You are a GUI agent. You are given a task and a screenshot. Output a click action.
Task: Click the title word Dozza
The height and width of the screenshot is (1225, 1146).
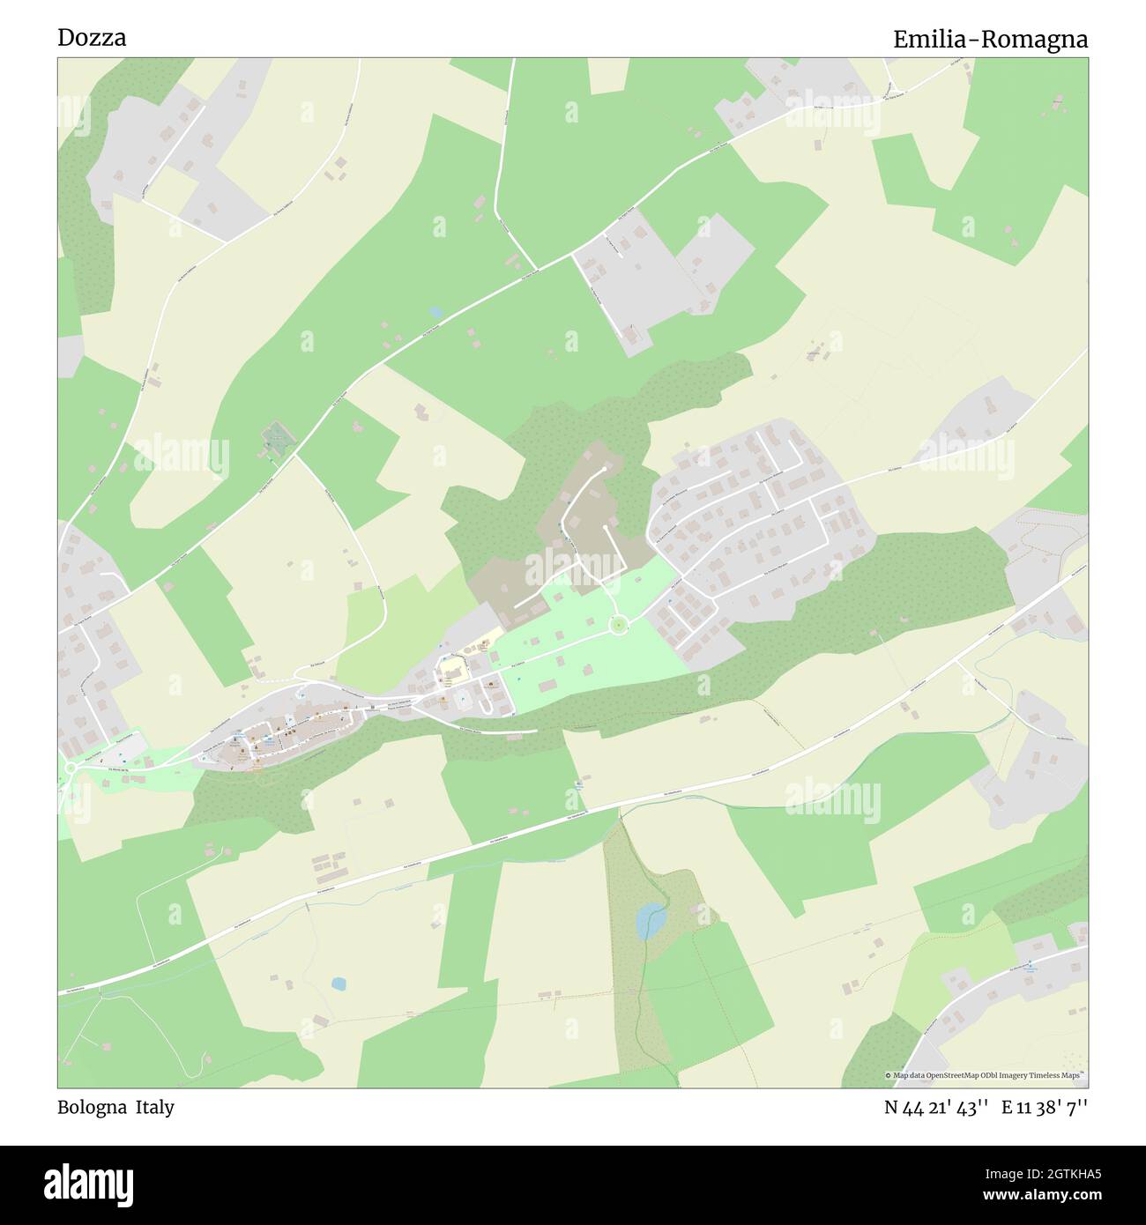click(x=92, y=38)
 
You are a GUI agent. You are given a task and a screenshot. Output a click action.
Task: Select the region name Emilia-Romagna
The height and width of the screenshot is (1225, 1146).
click(x=990, y=40)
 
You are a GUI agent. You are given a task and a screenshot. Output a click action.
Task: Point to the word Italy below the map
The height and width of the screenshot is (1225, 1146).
click(x=154, y=1108)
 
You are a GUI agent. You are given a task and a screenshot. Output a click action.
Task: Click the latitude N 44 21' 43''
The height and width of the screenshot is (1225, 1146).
click(x=936, y=1108)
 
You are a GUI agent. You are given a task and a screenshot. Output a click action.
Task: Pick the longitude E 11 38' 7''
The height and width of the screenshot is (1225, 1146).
click(x=1045, y=1108)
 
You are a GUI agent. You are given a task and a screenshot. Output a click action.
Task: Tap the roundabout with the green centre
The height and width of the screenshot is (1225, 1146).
click(x=620, y=625)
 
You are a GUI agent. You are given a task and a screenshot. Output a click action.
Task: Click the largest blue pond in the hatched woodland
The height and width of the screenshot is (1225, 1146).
click(x=651, y=922)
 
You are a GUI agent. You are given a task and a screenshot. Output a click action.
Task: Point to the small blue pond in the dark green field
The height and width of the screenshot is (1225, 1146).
click(x=435, y=312)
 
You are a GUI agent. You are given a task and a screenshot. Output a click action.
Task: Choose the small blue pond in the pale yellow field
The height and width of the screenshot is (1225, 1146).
click(x=339, y=983)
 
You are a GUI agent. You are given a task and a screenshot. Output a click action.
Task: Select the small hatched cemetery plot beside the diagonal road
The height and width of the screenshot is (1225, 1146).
click(x=277, y=438)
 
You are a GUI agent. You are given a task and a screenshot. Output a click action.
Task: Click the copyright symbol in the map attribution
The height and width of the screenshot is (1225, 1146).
click(x=889, y=1075)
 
